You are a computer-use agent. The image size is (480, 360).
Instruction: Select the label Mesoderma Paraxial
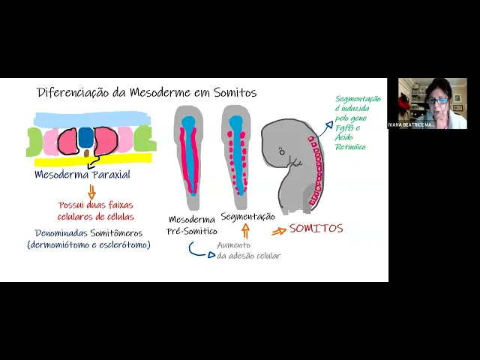pyautogui.click(x=82, y=175)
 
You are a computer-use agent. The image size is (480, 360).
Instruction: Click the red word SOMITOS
pyautogui.click(x=316, y=229)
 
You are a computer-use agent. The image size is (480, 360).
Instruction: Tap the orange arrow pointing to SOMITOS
pyautogui.click(x=278, y=231)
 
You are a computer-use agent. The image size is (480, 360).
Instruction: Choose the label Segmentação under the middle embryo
pyautogui.click(x=247, y=217)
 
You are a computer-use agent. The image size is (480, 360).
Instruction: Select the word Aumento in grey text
pyautogui.click(x=235, y=245)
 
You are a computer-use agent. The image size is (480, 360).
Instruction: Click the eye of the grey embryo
pyautogui.click(x=281, y=152)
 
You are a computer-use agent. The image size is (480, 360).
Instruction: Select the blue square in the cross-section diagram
pyautogui.click(x=87, y=137)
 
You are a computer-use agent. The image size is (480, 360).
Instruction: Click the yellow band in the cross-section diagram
pyautogui.click(x=90, y=160)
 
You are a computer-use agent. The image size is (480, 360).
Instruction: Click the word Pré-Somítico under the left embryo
pyautogui.click(x=192, y=232)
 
